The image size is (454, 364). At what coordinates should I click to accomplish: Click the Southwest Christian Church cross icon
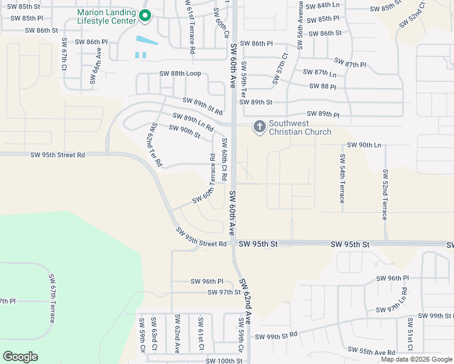coord(259,127)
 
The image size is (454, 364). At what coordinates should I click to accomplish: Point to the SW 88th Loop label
coord(180,74)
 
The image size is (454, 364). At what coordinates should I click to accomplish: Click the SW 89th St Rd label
coord(203,106)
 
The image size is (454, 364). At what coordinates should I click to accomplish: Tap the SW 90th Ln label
coord(364,146)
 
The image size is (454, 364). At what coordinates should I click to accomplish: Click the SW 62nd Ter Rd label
coord(155,145)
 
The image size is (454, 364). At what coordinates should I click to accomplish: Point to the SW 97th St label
coord(224,292)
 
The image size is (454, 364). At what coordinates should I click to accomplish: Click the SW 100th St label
coord(224,361)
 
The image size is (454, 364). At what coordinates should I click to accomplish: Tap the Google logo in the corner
coord(20,356)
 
